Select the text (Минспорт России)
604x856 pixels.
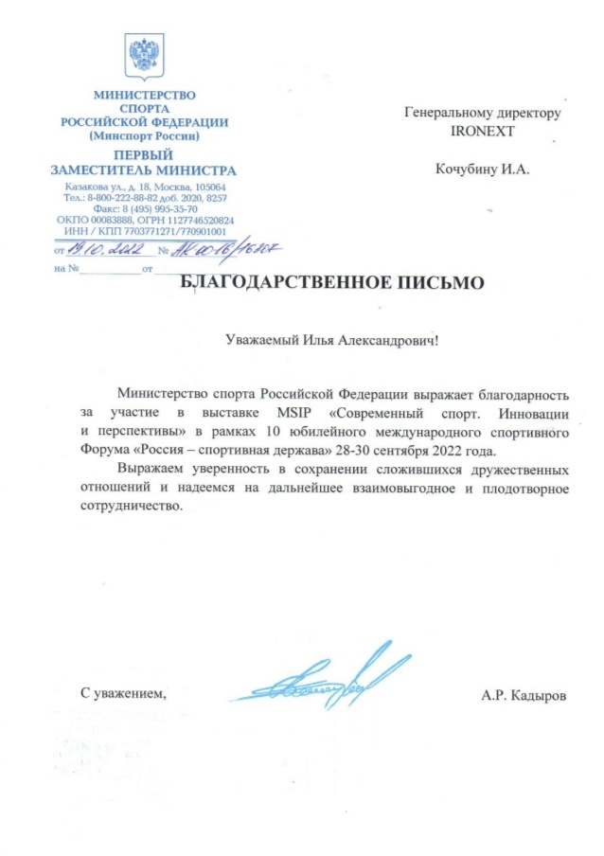pos(143,136)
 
